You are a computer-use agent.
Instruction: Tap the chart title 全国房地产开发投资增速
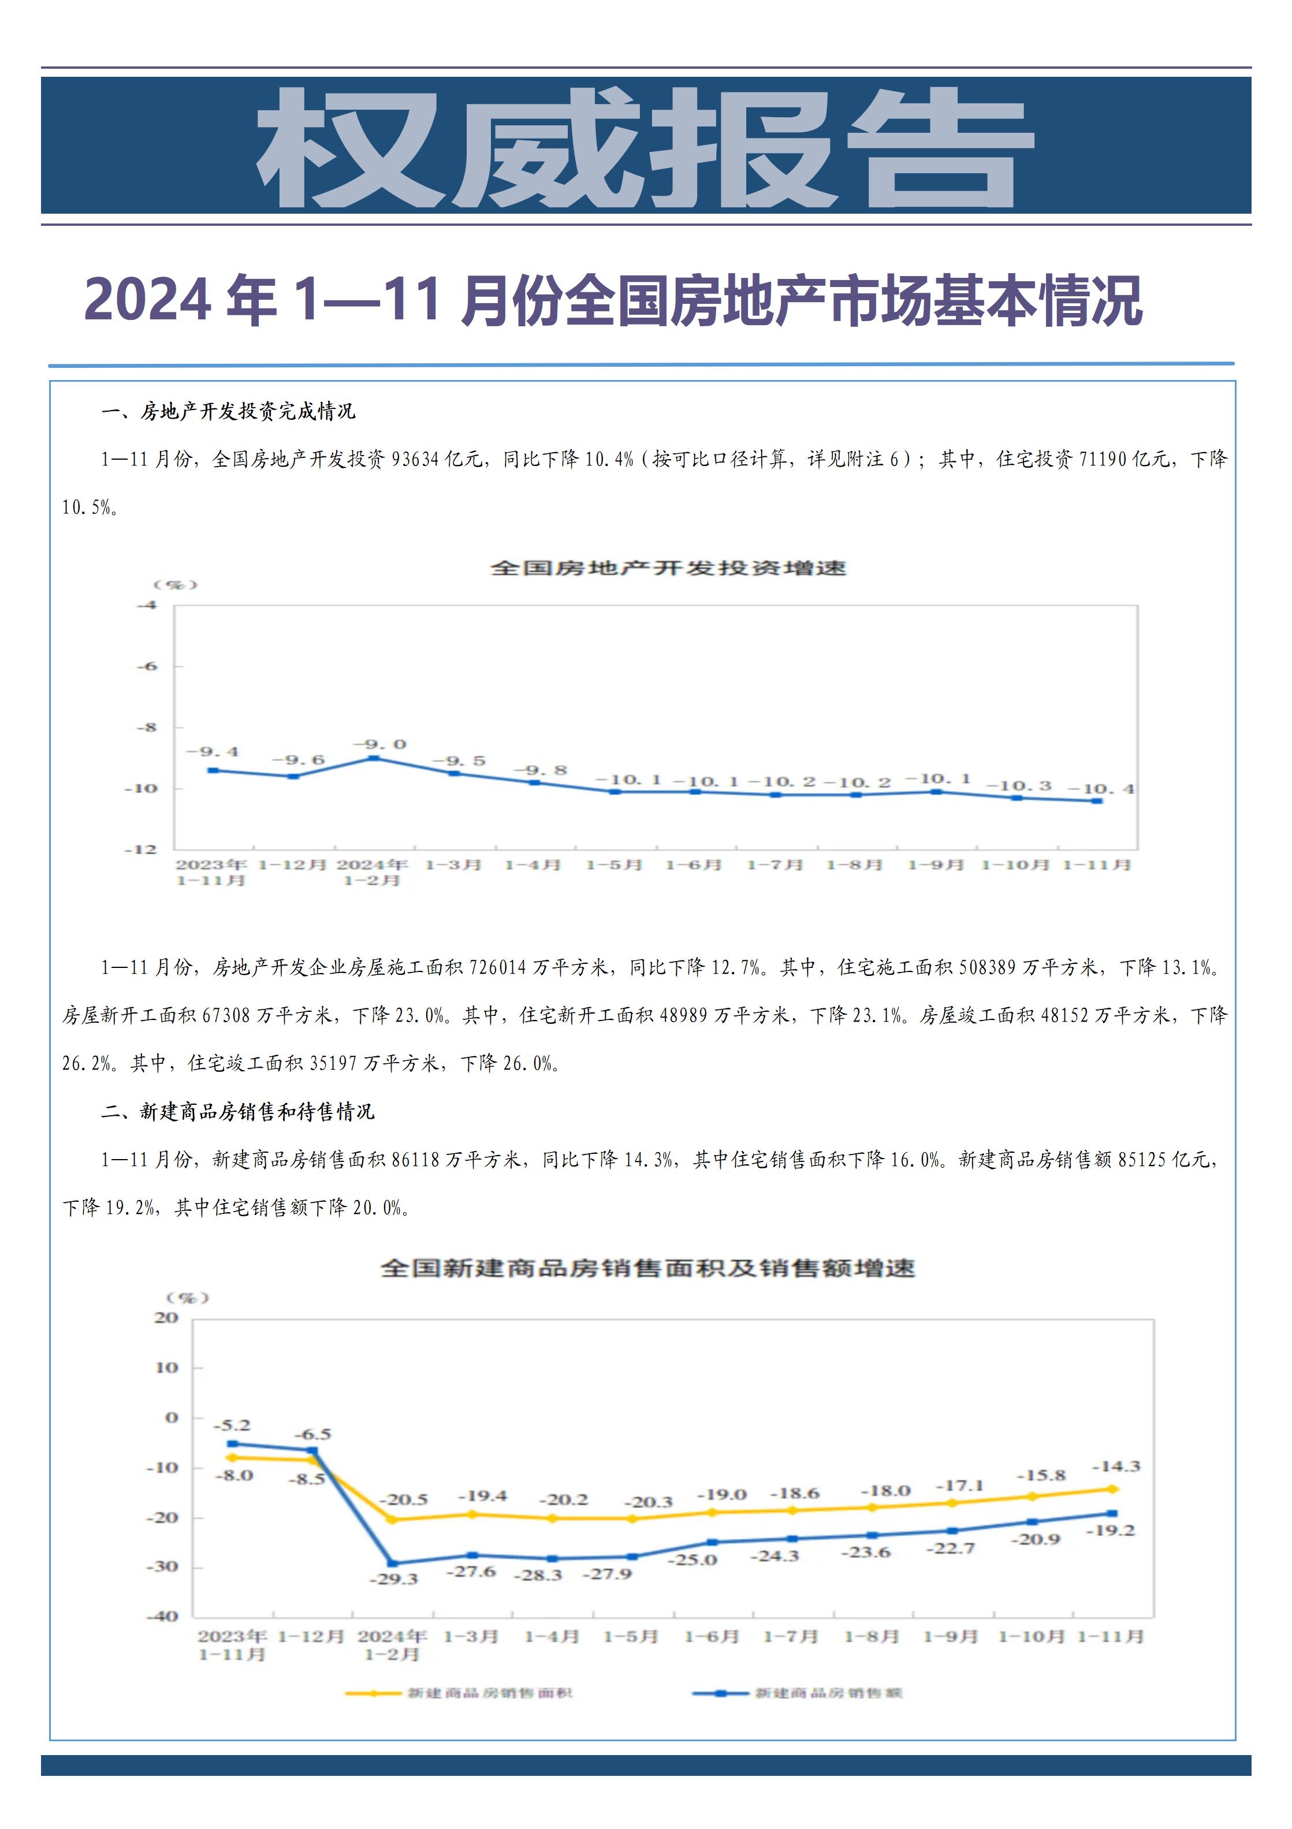tap(668, 568)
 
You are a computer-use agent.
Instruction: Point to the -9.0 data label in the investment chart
tap(380, 744)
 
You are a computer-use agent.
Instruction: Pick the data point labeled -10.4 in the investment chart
tap(1097, 800)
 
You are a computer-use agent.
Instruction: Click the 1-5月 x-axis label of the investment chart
tap(613, 865)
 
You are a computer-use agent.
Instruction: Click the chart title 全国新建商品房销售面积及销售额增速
tap(647, 1268)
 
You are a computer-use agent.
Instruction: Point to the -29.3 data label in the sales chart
tap(393, 1579)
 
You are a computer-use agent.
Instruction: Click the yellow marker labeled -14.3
tap(1113, 1489)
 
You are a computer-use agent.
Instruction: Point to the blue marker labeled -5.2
tap(233, 1443)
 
